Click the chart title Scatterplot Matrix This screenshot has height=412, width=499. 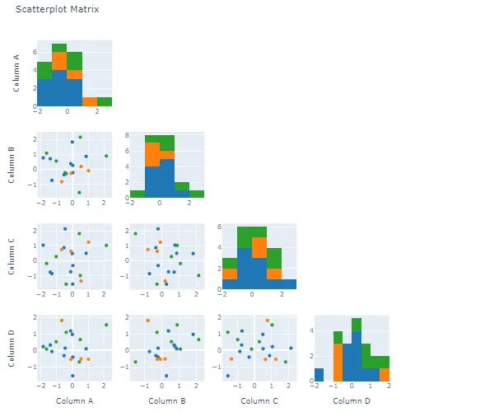(58, 10)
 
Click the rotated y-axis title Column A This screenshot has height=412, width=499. (17, 73)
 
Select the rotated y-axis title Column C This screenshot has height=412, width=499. (17, 257)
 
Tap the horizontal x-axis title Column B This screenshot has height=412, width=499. (166, 400)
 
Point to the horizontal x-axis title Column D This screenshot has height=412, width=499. (352, 400)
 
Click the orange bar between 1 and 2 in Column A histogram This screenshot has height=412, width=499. (90, 102)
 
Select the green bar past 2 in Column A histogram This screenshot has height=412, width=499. (105, 102)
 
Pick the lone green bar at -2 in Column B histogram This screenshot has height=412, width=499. (137, 194)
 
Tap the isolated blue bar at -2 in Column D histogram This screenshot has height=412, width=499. (319, 375)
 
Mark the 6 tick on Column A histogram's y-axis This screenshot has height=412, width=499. (32, 52)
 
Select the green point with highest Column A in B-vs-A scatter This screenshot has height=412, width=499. (106, 156)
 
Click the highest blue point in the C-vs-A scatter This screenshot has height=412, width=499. (65, 228)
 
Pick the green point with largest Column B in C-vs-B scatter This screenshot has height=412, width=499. (198, 275)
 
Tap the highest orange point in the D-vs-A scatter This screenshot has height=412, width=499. (62, 321)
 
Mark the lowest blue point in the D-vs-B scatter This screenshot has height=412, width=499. (166, 376)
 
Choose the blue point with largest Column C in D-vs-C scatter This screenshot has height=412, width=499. (291, 348)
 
